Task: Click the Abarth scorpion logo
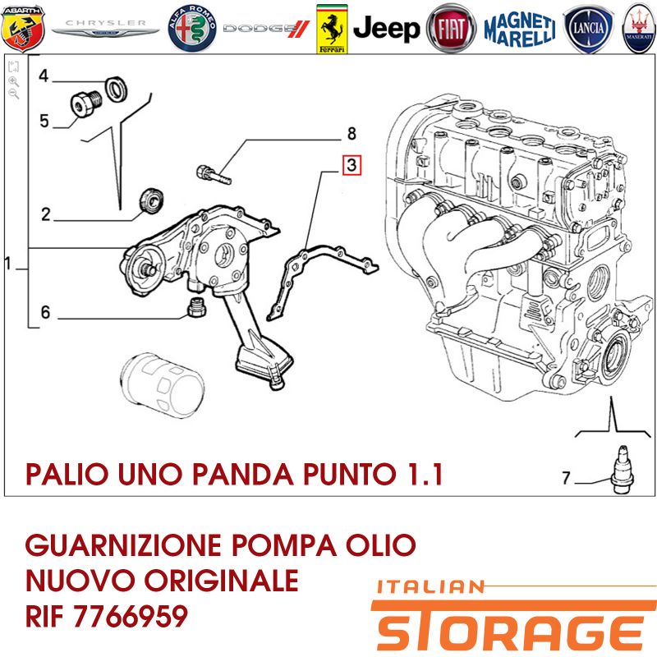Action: pos(23,29)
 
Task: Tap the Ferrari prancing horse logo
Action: pos(332,29)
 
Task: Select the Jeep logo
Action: pos(386,29)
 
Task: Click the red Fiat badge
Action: pos(451,29)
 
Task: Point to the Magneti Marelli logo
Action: pos(520,29)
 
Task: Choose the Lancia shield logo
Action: pos(588,29)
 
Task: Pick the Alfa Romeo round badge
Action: pos(192,29)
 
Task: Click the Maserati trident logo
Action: pos(640,29)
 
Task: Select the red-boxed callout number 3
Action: pos(351,165)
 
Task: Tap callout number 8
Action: pos(351,134)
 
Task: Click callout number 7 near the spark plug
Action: pos(566,478)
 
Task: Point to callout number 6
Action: pos(45,312)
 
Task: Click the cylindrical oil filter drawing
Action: pos(162,385)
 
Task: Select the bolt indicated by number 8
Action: pos(214,174)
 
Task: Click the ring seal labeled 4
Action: pos(115,89)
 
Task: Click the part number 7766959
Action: pos(131,616)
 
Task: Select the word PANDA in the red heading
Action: pos(243,475)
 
